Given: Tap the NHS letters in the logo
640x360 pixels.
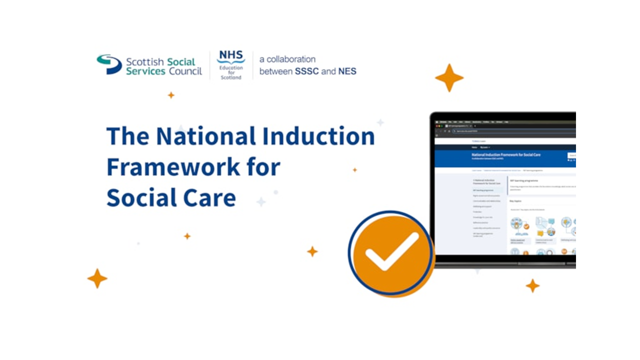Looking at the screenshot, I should coord(230,55).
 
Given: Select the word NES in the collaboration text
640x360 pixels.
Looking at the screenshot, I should coord(347,71).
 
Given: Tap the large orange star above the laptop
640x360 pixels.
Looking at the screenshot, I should coord(449,77).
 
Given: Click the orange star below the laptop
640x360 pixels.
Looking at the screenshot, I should coord(532,285).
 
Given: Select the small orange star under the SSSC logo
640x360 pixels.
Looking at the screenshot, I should coord(171,95).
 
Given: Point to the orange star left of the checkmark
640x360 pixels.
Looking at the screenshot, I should coord(312,251).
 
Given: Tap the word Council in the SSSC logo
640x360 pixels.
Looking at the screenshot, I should coord(185,71).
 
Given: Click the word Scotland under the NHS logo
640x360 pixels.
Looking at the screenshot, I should coord(231,78).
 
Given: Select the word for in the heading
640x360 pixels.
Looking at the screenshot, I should coord(263,167).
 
